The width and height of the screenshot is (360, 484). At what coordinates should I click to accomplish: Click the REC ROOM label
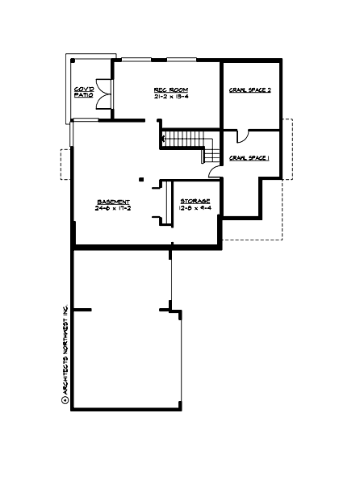pyautogui.click(x=165, y=89)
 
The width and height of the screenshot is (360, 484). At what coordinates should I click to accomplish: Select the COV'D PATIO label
pyautogui.click(x=83, y=91)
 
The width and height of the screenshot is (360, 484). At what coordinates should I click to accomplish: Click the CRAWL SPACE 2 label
pyautogui.click(x=249, y=90)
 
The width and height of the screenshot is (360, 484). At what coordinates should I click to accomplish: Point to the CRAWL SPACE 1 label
pyautogui.click(x=249, y=157)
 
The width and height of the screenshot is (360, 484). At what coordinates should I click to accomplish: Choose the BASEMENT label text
pyautogui.click(x=112, y=202)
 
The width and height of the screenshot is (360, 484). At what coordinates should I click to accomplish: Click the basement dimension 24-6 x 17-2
pyautogui.click(x=112, y=209)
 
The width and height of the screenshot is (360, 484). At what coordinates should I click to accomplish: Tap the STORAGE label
pyautogui.click(x=195, y=201)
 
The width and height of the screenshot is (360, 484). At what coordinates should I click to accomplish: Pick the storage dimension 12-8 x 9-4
pyautogui.click(x=195, y=208)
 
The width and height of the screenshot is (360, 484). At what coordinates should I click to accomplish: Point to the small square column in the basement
pyautogui.click(x=140, y=179)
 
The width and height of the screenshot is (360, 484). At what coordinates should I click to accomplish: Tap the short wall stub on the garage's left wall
pyautogui.click(x=82, y=309)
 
